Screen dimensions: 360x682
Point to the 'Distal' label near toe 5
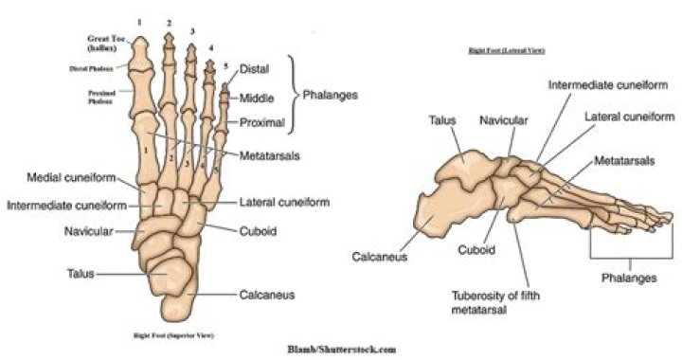256,69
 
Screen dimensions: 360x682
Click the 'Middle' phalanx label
258,98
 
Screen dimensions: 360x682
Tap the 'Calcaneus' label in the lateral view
381,257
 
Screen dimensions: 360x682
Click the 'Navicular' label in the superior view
89,231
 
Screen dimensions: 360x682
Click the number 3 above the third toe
192,31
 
